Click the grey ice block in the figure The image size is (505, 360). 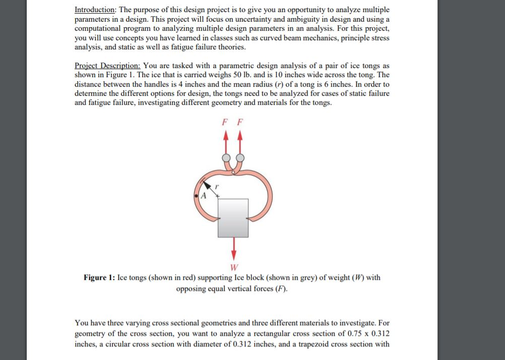pos(233,218)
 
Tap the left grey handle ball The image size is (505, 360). pos(225,157)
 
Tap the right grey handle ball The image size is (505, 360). pos(240,157)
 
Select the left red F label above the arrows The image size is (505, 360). pos(224,122)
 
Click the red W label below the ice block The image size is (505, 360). pos(233,267)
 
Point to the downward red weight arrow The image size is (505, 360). pos(233,248)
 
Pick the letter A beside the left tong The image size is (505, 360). pos(204,195)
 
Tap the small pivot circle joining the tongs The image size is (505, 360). pos(233,173)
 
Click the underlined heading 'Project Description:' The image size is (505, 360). pos(107,66)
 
